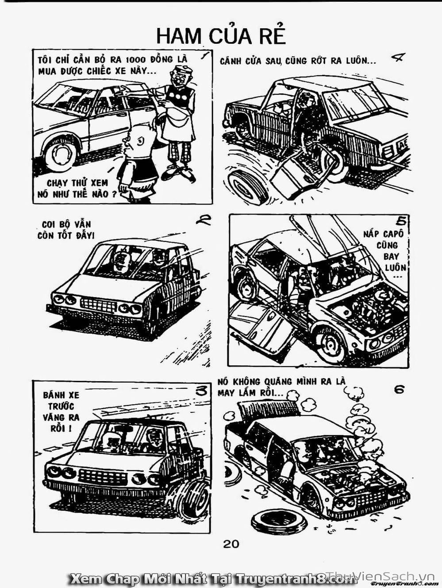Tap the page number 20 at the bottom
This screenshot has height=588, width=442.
231,544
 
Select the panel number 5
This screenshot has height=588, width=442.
401,221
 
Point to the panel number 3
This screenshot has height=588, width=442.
202,392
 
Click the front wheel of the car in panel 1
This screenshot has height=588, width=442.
61,155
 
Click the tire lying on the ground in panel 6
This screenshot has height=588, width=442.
274,519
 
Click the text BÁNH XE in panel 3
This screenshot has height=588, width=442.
61,395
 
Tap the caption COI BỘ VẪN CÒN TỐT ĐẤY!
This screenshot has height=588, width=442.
66,230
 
